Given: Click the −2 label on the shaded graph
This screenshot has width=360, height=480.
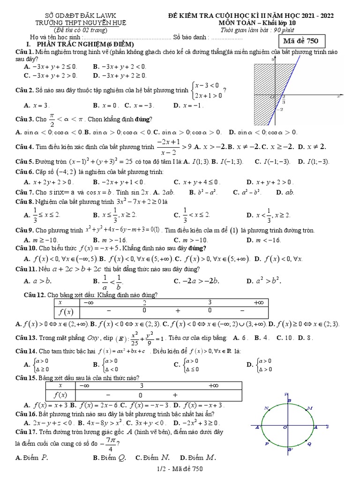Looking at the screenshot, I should (x=280, y=110).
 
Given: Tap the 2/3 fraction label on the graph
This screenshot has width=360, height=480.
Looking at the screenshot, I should (x=284, y=100).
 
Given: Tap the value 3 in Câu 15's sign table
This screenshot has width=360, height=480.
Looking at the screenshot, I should (x=141, y=386).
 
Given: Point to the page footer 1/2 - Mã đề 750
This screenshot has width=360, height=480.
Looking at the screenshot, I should (x=180, y=468).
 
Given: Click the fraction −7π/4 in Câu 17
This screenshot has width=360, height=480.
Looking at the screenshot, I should (x=111, y=443).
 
